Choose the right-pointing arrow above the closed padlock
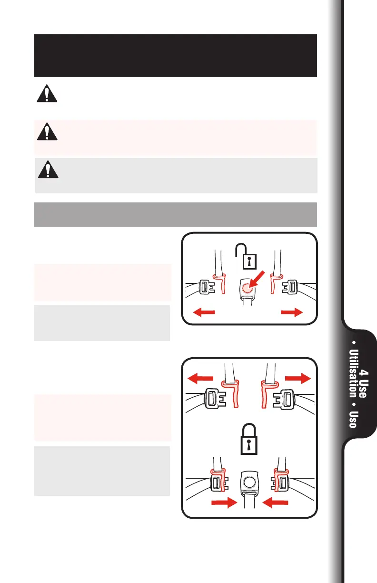(298, 378)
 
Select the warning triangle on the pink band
(47, 131)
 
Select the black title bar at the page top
(175, 55)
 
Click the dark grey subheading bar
(175, 214)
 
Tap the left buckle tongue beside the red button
(209, 287)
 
